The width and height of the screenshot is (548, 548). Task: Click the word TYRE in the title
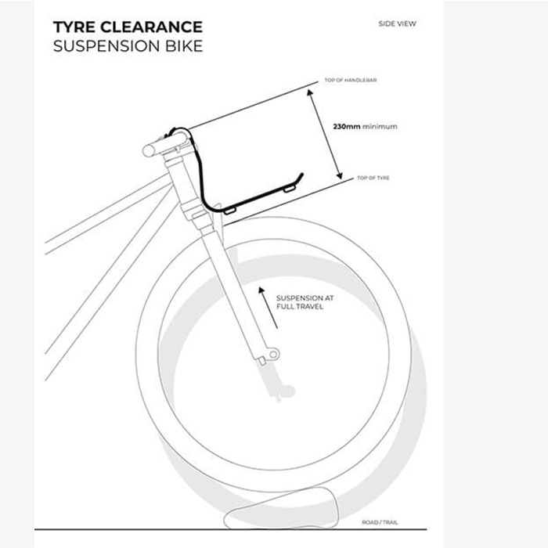click(x=74, y=27)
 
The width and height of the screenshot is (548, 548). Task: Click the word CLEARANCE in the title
click(x=152, y=27)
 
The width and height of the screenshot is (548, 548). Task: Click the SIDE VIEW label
click(x=398, y=23)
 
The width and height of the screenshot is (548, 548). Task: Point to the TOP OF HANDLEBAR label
click(x=351, y=80)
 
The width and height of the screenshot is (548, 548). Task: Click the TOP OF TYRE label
click(x=373, y=178)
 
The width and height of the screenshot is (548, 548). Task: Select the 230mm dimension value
click(x=346, y=127)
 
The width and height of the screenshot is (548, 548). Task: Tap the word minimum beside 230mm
click(x=380, y=127)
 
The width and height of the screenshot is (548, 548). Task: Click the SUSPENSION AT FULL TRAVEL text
click(x=305, y=302)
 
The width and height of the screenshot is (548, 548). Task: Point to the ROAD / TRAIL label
click(x=380, y=522)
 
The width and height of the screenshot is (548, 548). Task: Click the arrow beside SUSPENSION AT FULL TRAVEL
click(x=268, y=308)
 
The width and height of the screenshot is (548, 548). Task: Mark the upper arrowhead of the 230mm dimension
click(x=310, y=92)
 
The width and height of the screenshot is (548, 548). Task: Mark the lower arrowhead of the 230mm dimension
click(x=339, y=175)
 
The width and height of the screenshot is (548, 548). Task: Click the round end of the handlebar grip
click(x=149, y=150)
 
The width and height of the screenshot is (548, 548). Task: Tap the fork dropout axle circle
click(x=274, y=355)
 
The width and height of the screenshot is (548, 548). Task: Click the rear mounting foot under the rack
click(x=229, y=211)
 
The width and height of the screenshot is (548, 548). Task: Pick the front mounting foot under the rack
click(x=290, y=189)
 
